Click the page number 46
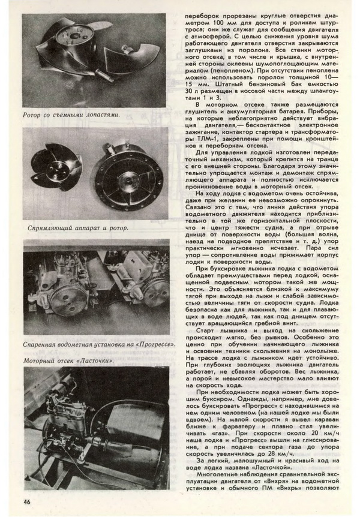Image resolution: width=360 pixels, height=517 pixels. [x=28, y=501]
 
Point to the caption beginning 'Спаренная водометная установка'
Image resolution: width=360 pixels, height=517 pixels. [x=99, y=345]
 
